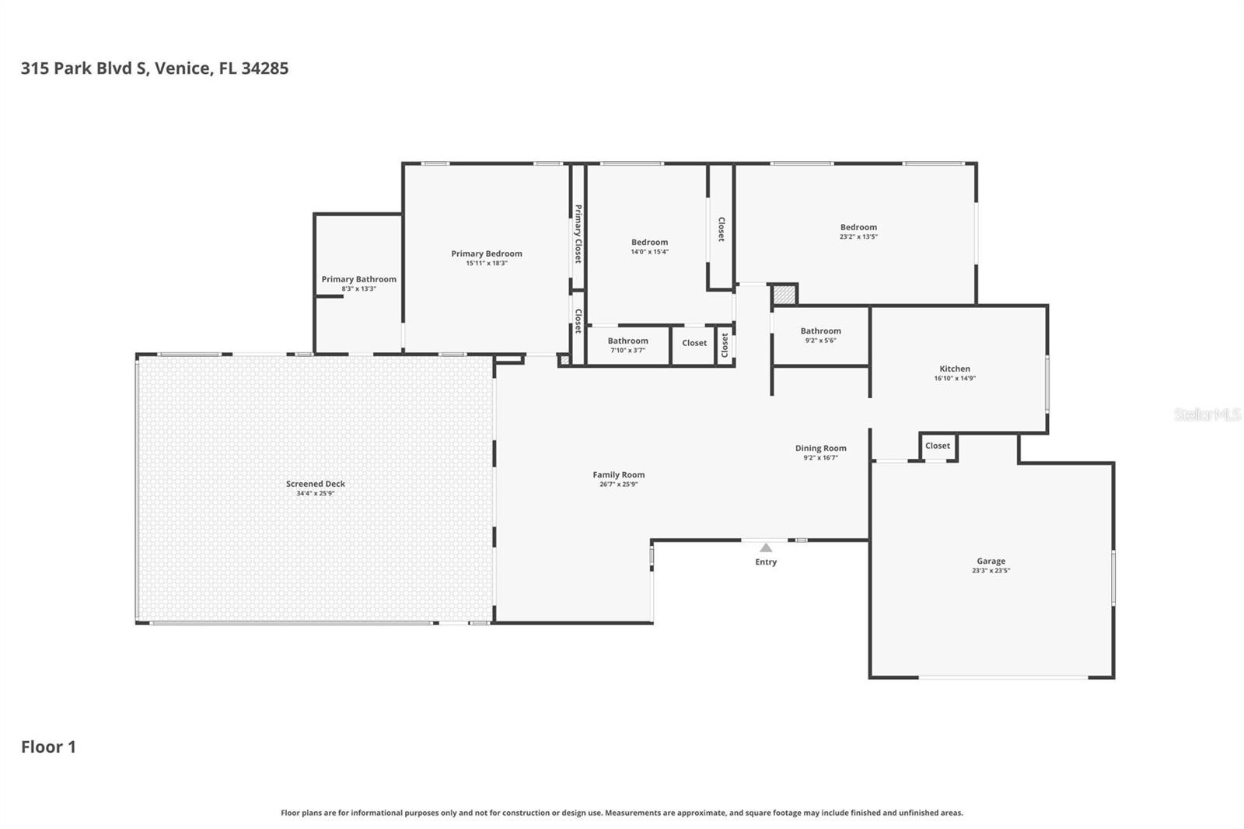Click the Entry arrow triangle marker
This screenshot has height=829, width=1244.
(766, 547)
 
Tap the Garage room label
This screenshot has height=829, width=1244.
(991, 561)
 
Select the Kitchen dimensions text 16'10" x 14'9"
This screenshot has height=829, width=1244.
(955, 379)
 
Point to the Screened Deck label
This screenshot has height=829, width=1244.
(315, 484)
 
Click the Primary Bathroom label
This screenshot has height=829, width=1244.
(358, 279)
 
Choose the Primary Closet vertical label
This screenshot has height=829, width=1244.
(578, 233)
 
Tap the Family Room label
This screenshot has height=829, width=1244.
(618, 474)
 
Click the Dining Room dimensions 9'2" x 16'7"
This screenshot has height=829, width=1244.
(820, 458)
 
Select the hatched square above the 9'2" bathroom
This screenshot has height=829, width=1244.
(784, 296)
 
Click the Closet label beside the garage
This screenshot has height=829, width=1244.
(937, 446)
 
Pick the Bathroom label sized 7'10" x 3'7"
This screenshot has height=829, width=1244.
(627, 341)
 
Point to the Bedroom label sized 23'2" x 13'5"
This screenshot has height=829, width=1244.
(858, 227)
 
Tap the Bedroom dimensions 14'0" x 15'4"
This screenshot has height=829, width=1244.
(649, 252)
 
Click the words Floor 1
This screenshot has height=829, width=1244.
(48, 747)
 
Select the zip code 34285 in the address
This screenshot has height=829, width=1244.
(264, 68)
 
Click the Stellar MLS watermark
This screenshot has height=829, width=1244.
(1207, 414)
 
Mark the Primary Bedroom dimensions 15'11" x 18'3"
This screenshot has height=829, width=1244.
(486, 264)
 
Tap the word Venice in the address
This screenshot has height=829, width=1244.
(183, 68)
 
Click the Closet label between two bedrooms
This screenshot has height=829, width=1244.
(721, 229)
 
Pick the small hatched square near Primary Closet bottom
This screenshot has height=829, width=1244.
(564, 360)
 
